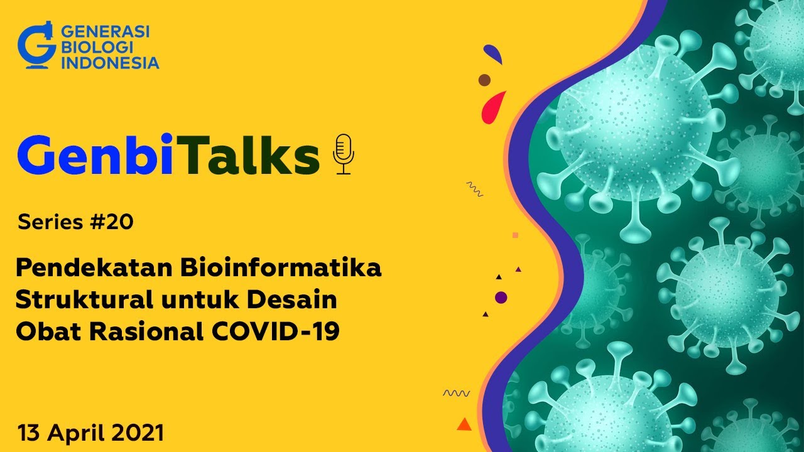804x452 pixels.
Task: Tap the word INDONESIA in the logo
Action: (x=111, y=63)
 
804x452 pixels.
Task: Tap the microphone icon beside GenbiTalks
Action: (x=343, y=154)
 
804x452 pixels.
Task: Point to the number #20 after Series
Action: (x=116, y=222)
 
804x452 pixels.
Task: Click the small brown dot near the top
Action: (x=484, y=80)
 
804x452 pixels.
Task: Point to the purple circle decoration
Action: (x=501, y=298)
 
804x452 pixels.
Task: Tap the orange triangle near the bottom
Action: (x=464, y=424)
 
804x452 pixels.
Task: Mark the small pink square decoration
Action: (x=515, y=235)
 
